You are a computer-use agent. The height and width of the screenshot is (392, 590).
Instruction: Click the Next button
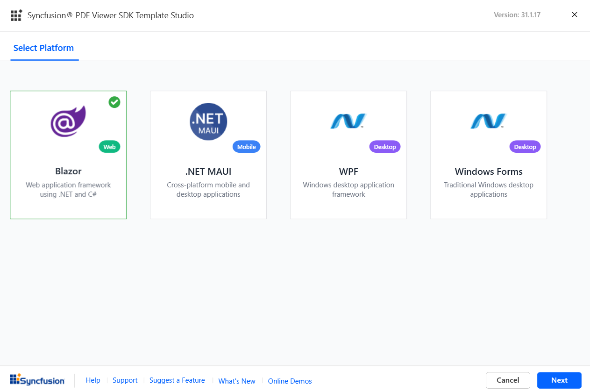tap(559, 380)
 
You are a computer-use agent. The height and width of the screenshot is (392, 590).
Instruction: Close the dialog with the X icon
tap(575, 15)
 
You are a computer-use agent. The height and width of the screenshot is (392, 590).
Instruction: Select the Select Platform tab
tap(44, 48)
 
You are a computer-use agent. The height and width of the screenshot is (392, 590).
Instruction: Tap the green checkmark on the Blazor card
tap(114, 102)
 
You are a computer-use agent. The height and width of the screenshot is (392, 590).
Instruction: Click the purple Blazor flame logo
tap(68, 121)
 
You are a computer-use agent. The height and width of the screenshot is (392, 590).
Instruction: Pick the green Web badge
tap(109, 147)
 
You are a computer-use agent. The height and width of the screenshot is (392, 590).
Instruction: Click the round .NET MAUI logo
tap(208, 121)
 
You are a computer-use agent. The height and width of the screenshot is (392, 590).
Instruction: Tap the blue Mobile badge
tap(246, 147)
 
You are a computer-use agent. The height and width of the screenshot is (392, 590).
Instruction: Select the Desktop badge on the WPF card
tap(385, 147)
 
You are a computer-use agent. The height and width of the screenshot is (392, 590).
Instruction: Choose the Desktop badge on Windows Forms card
tap(525, 147)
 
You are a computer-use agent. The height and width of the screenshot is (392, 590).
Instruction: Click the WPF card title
tap(348, 171)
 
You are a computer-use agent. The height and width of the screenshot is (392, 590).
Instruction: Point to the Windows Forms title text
tap(489, 171)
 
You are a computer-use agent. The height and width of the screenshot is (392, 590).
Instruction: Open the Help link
tap(93, 380)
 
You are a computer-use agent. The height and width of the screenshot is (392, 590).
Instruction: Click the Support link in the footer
tap(125, 380)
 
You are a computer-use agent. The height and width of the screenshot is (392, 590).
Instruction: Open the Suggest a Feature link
tap(177, 380)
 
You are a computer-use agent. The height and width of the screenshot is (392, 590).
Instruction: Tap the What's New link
tap(237, 381)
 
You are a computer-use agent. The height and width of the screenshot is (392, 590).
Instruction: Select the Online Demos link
tap(290, 381)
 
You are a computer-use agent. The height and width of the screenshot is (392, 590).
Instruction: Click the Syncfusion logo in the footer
tap(37, 380)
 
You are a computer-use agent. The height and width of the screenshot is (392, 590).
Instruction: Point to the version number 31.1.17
tap(531, 15)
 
